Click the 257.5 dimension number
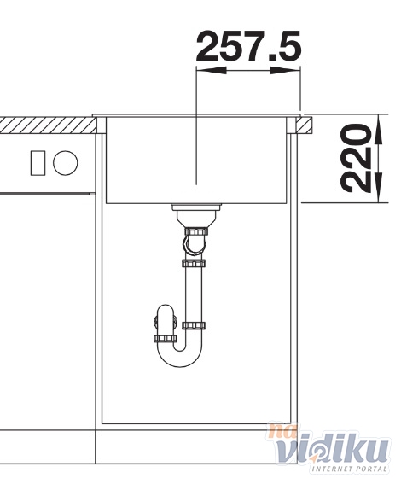point(248,46)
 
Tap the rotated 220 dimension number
point(355,159)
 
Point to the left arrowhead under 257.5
point(211,70)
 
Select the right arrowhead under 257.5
point(285,70)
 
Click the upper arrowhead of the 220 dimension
point(379,129)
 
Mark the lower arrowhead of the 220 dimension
point(379,188)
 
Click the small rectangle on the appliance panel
point(38,163)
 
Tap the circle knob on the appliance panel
point(65,163)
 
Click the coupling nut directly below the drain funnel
point(196,231)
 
